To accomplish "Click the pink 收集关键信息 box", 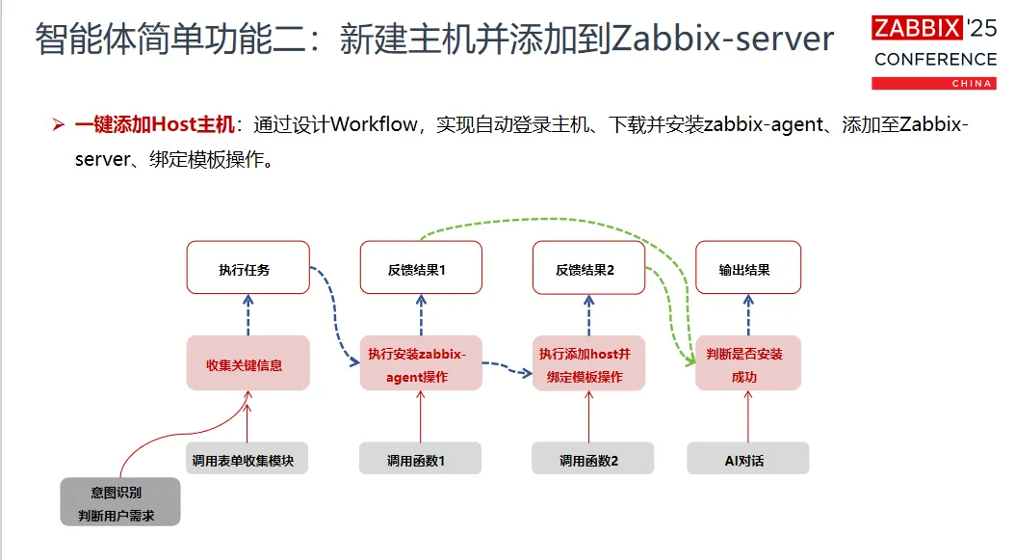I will pyautogui.click(x=247, y=363).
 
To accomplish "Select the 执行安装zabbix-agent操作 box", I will pyautogui.click(x=421, y=363).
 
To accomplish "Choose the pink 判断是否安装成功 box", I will pyautogui.click(x=748, y=363).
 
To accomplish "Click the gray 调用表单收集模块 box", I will pyautogui.click(x=247, y=459).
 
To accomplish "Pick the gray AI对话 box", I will pyautogui.click(x=748, y=459).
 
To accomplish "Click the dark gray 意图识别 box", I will pyautogui.click(x=120, y=501).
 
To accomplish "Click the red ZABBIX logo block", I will pyautogui.click(x=916, y=29).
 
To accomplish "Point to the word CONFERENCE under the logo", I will pyautogui.click(x=934, y=60).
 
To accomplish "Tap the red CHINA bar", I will pyautogui.click(x=933, y=84).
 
